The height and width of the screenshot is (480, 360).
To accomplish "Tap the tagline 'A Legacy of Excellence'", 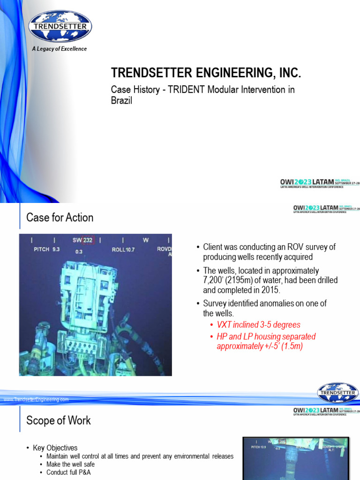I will (59, 49).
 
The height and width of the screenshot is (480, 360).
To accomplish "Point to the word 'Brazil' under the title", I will (121, 100).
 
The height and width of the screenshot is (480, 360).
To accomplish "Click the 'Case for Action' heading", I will (60, 217).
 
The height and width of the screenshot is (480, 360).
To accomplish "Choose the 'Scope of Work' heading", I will (59, 420).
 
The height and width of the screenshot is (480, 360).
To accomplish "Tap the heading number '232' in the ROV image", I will (88, 240).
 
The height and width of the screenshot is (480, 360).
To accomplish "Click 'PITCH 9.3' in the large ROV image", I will (47, 249).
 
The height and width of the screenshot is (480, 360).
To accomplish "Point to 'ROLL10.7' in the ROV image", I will (123, 249).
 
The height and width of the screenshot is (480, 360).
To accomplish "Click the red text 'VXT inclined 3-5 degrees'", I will (258, 325).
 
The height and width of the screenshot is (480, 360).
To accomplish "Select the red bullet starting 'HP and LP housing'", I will (266, 341).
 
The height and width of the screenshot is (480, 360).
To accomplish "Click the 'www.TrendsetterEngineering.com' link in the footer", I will (36, 399).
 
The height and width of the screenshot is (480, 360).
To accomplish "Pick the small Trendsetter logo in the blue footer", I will (337, 392).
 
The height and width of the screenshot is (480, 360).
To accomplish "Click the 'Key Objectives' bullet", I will (59, 448).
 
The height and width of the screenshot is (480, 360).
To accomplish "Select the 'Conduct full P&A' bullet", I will (68, 472).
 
